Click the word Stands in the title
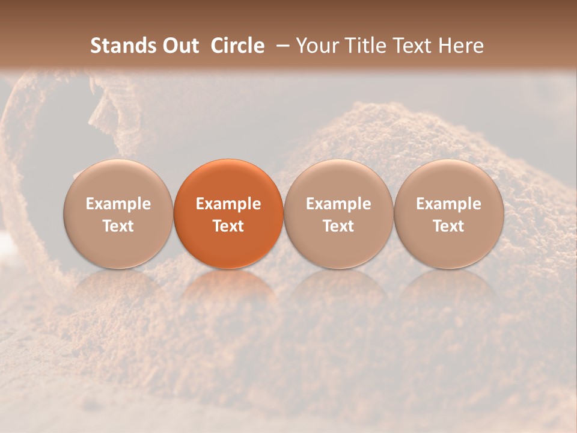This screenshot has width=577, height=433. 118,46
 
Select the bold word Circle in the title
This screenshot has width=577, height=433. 237,46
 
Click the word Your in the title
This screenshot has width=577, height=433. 316,46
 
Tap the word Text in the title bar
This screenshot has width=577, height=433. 416,46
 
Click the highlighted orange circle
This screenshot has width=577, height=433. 228,213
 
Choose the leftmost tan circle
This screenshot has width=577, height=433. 118,213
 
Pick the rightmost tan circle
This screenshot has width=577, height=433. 449,213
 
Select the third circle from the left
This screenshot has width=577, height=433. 338,213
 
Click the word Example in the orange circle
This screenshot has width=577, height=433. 228,204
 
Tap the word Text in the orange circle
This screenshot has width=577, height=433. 228,226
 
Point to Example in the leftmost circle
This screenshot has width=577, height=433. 118,204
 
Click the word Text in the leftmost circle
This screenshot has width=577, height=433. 118,226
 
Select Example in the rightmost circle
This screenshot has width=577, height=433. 449,204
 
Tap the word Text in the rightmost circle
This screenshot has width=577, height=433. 449,226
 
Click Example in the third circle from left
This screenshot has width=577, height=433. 338,204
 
